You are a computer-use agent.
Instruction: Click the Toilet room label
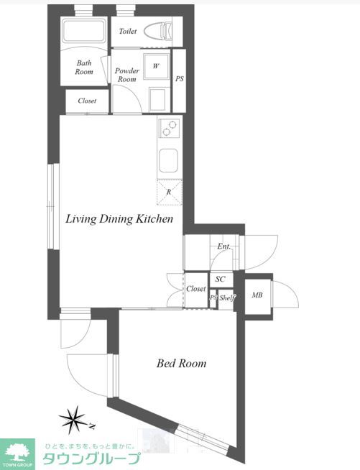pyautogui.click(x=128, y=31)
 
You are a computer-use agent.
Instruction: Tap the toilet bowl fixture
pyautogui.click(x=158, y=31)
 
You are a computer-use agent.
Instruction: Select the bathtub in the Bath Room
pyautogui.click(x=83, y=30)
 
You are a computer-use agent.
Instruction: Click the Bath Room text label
pyautogui.click(x=84, y=68)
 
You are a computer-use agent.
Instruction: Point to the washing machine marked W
pyautogui.click(x=156, y=66)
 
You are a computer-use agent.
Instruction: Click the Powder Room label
pyautogui.click(x=127, y=75)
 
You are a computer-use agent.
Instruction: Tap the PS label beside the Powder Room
pyautogui.click(x=179, y=79)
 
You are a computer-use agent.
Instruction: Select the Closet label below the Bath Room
pyautogui.click(x=87, y=101)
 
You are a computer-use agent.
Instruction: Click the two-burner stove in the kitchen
pyautogui.click(x=169, y=128)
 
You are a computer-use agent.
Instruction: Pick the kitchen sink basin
pyautogui.click(x=168, y=161)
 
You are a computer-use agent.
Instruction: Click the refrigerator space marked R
pyautogui.click(x=170, y=192)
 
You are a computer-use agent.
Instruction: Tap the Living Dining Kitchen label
pyautogui.click(x=119, y=218)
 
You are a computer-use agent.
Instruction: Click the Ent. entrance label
pyautogui.click(x=224, y=246)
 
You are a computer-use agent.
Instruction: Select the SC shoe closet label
pyautogui.click(x=221, y=279)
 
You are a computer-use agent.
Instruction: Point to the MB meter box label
pyautogui.click(x=257, y=295)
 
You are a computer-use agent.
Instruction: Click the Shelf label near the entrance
pyautogui.click(x=227, y=298)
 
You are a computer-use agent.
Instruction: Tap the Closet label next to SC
pyautogui.click(x=195, y=289)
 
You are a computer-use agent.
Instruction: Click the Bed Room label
pyautogui.click(x=181, y=364)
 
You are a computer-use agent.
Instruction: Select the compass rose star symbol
pyautogui.click(x=73, y=420)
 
